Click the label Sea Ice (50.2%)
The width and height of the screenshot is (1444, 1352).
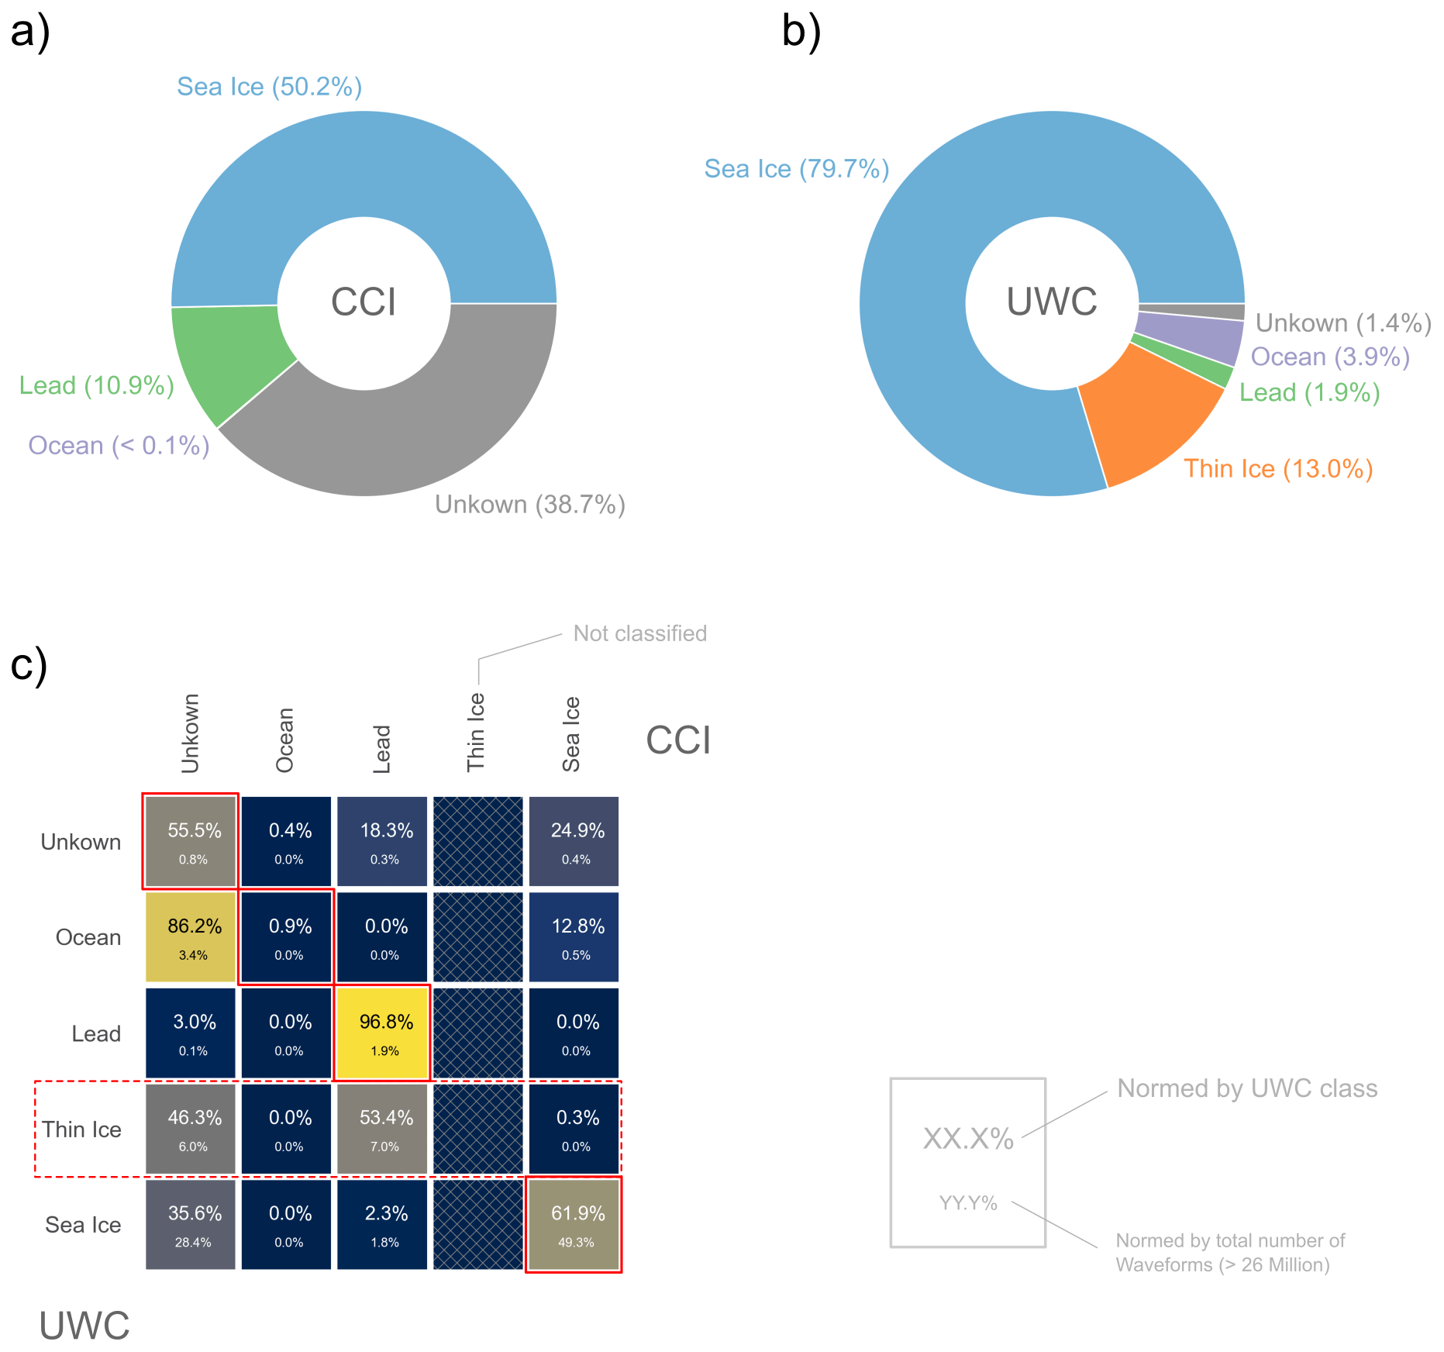(x=269, y=87)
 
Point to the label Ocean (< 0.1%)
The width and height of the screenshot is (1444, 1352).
(x=119, y=446)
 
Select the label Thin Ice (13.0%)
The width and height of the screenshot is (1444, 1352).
(x=1278, y=469)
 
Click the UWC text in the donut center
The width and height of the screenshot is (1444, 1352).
(x=1052, y=302)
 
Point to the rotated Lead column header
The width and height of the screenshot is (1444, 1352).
(x=381, y=749)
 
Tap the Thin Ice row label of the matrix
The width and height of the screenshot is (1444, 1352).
(x=81, y=1130)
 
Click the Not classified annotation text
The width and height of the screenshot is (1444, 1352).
(x=639, y=633)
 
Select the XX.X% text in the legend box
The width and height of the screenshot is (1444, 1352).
(x=968, y=1139)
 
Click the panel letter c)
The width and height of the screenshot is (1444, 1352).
(x=29, y=665)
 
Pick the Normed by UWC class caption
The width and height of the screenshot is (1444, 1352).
(x=1247, y=1088)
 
